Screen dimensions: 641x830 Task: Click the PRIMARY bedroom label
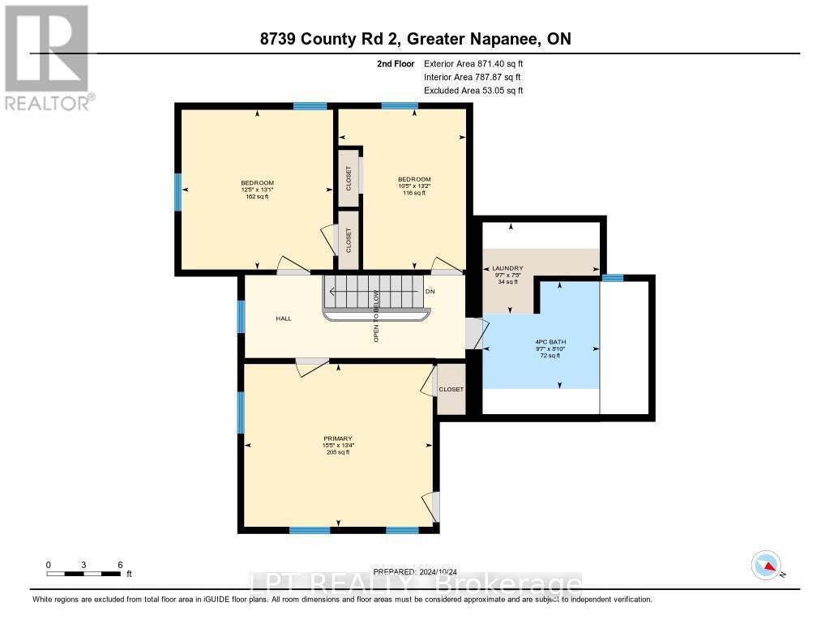pyautogui.click(x=338, y=438)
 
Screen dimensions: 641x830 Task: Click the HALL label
pyautogui.click(x=283, y=318)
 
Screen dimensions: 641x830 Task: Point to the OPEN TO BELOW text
pyautogui.click(x=376, y=316)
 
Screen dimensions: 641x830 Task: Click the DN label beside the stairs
pyautogui.click(x=430, y=291)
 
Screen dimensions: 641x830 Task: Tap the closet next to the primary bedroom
pyautogui.click(x=451, y=389)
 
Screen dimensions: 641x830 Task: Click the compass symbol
pyautogui.click(x=766, y=565)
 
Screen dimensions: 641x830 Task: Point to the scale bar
pyautogui.click(x=84, y=574)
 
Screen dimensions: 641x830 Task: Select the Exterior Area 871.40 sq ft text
pyautogui.click(x=478, y=63)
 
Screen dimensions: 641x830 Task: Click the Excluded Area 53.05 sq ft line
pyautogui.click(x=473, y=91)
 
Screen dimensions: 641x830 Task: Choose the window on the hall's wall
pyautogui.click(x=241, y=316)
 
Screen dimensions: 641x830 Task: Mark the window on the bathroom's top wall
pyautogui.click(x=612, y=278)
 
